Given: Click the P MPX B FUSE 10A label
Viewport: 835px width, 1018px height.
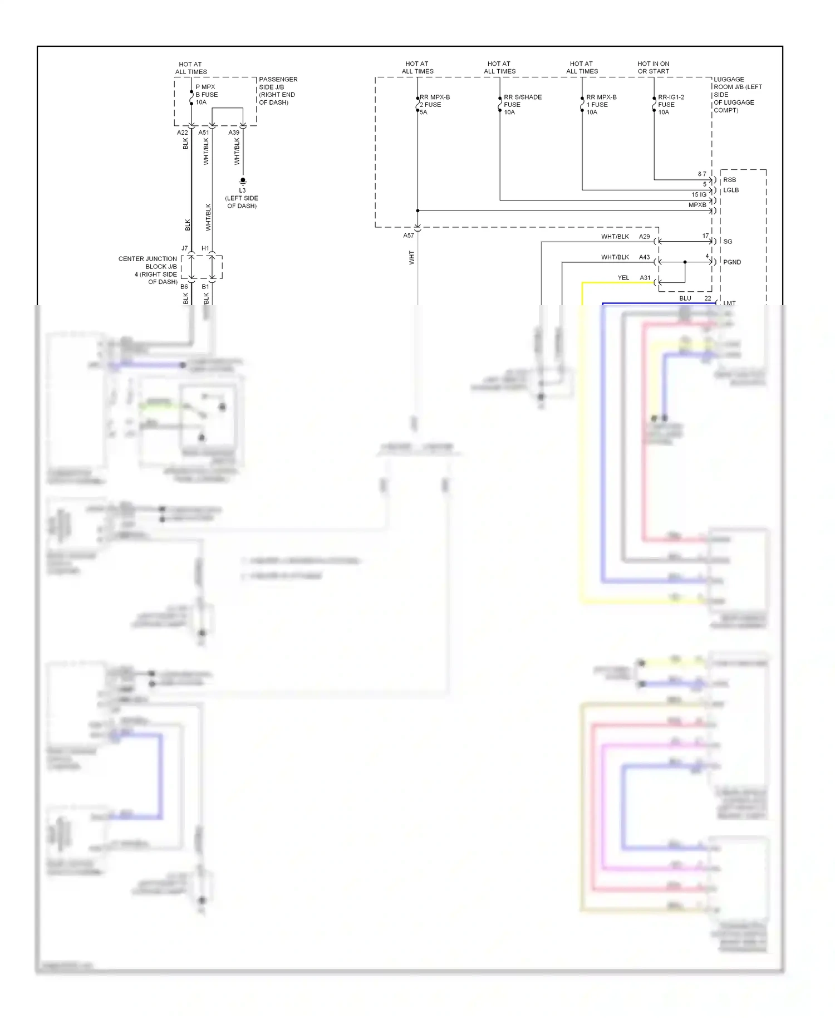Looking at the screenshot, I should click(x=207, y=95).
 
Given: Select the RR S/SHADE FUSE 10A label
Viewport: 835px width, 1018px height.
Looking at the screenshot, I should click(x=522, y=105).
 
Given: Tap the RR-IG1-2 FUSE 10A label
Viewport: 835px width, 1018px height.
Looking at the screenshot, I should click(x=670, y=105).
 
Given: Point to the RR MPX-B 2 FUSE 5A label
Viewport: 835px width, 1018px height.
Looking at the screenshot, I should click(x=434, y=105).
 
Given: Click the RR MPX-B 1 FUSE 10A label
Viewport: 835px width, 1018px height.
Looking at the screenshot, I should click(x=601, y=105).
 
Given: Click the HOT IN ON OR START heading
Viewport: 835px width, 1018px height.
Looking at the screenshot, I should click(x=653, y=67).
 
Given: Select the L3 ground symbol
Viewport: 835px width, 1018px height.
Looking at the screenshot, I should click(x=243, y=181).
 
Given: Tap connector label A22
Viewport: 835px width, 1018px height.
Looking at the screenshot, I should click(x=182, y=133).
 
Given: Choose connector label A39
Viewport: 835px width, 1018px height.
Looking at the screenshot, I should click(x=234, y=133).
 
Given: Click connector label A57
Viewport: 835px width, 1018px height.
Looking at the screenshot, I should click(x=409, y=236).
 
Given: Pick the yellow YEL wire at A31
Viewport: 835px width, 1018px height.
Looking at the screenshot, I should click(x=618, y=283).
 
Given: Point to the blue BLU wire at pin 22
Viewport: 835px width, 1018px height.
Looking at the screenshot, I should click(x=657, y=304).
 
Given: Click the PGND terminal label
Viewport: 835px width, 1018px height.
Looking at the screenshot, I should click(x=731, y=262).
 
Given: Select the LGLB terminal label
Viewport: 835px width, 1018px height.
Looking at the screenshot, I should click(x=730, y=190).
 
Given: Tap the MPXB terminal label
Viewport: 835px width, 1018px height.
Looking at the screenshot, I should click(x=697, y=205).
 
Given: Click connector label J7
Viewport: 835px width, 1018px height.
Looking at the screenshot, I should click(x=184, y=248).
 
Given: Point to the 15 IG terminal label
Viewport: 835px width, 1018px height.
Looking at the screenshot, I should click(x=699, y=195).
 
